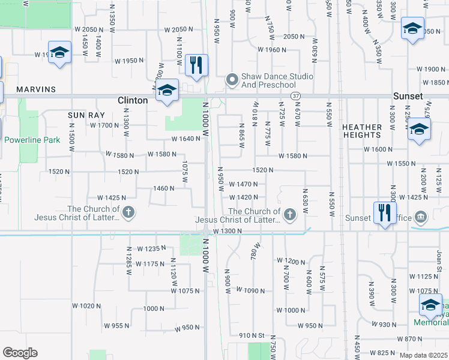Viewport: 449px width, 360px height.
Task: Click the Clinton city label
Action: [133, 100]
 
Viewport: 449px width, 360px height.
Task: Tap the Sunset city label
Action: [408, 96]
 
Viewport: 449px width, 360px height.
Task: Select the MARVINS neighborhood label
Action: [36, 89]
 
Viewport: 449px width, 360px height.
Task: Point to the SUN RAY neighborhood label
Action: [86, 115]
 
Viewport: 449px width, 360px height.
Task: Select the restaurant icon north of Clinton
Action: [196, 64]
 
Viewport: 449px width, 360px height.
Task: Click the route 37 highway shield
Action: [295, 95]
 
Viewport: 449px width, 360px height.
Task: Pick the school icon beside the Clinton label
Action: [167, 91]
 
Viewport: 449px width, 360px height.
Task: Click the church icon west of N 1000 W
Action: [128, 212]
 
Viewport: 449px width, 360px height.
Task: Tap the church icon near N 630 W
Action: [290, 214]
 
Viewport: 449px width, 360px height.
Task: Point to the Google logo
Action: [20, 353]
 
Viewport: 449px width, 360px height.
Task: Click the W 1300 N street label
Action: [226, 231]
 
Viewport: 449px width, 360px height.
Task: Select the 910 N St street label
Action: [252, 335]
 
